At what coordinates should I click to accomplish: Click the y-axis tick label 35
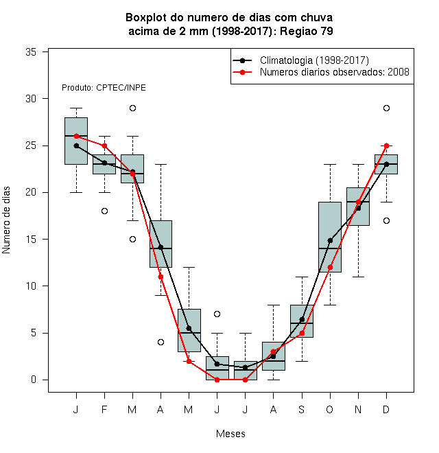pos(31,52)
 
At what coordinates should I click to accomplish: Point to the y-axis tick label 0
pos(34,380)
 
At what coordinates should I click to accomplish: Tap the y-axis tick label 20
pos(31,192)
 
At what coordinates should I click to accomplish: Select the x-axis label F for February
pos(104,409)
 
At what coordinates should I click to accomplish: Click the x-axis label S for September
pos(302,409)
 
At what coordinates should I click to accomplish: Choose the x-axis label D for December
pos(386,409)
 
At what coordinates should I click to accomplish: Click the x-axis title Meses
pos(230,434)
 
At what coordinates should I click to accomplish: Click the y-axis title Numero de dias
pos(6,220)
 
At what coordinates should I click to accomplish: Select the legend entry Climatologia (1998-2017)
pos(314,60)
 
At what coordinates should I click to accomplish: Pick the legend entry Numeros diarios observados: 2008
pos(335,72)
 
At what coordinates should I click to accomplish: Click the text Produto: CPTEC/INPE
pos(104,88)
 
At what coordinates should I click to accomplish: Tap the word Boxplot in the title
pos(146,18)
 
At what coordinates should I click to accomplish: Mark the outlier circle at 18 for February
pos(104,211)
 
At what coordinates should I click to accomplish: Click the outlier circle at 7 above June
pos(217,314)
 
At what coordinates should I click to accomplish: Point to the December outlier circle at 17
pos(386,221)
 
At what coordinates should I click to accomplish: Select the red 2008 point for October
pos(330,268)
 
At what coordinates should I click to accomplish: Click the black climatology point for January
pos(77,146)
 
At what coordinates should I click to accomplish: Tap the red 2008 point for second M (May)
pos(189,361)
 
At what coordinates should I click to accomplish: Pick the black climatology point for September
pos(302,319)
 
